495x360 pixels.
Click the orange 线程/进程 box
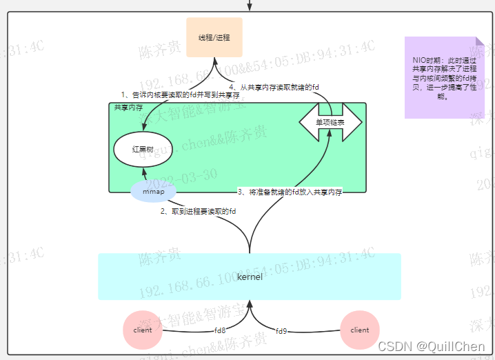tap(214, 37)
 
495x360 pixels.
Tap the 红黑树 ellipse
tap(143, 149)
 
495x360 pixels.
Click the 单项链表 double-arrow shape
tap(330, 122)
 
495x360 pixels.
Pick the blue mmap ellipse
tap(153, 191)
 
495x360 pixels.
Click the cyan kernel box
tap(249, 276)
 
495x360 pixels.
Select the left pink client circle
tap(143, 330)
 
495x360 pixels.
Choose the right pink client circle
tap(360, 330)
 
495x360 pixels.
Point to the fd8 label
tap(219, 330)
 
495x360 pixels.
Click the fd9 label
tap(281, 331)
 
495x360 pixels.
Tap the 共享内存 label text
tap(128, 108)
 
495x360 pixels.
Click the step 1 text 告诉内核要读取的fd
tap(175, 94)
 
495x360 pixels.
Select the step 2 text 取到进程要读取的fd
tap(199, 211)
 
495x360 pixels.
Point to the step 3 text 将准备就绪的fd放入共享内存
tap(290, 191)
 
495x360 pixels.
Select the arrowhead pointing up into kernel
tap(250, 304)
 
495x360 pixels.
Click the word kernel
tap(249, 277)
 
